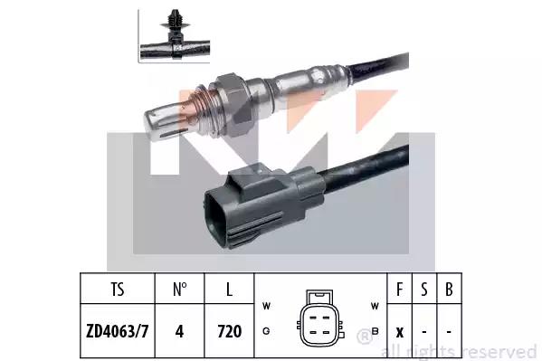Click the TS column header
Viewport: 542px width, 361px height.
point(118,290)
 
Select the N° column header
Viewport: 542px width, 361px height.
point(180,290)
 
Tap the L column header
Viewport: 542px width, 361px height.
point(229,290)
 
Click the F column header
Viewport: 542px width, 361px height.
point(400,290)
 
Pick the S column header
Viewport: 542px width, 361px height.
point(424,290)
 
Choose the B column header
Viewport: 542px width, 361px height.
point(449,290)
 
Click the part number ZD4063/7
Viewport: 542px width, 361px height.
point(118,331)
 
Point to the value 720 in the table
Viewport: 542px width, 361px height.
point(230,331)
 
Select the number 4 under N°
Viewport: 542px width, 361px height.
point(179,331)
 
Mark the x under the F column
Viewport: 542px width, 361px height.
point(400,333)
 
